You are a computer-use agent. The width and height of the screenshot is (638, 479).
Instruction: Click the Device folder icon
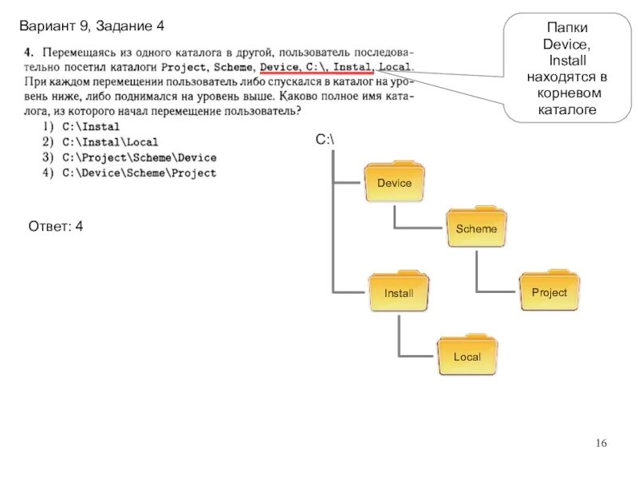point(394,183)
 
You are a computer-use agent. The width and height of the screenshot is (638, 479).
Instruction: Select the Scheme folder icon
point(475,228)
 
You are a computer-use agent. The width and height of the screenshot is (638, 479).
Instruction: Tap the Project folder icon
point(549,292)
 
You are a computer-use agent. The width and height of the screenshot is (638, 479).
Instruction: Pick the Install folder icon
point(398,293)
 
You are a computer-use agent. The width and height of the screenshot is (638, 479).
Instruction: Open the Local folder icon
point(467,356)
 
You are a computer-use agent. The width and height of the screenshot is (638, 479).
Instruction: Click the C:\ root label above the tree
point(325,140)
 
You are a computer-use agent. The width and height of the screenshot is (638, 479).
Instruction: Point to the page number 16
point(601,444)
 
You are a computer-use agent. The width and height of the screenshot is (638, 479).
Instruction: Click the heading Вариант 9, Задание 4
point(92,26)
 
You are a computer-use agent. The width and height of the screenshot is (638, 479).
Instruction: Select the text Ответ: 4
point(56,227)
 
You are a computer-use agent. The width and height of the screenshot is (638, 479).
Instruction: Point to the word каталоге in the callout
point(565,109)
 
